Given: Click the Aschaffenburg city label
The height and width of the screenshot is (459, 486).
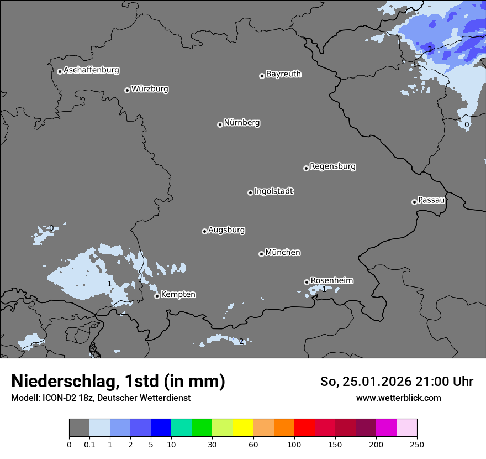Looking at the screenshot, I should (x=91, y=70).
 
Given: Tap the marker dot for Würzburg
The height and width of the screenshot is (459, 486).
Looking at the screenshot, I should (x=127, y=90).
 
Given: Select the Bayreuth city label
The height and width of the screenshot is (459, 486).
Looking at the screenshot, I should (x=283, y=74).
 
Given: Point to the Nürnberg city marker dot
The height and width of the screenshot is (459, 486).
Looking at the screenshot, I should (x=220, y=124).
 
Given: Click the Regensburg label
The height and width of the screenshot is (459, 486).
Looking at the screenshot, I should (x=332, y=166).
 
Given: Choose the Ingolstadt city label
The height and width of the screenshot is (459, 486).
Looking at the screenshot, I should (x=273, y=191).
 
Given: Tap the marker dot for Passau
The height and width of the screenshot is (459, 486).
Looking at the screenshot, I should (x=414, y=202).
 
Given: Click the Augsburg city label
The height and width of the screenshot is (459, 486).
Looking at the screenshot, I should (x=226, y=230).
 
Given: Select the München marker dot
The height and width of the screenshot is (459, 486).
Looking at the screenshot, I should (x=261, y=254).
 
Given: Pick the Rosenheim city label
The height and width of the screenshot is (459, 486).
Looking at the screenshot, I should (x=331, y=280).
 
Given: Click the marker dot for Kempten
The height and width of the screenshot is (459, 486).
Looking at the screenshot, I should (x=157, y=296).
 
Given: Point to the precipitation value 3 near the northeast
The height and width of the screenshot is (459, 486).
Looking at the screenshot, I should (x=430, y=50).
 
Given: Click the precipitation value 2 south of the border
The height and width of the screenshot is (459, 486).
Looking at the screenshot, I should (x=241, y=341).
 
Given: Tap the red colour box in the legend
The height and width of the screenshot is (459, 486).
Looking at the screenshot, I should (x=304, y=428).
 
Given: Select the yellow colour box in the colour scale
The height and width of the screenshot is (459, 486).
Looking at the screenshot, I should (x=242, y=428).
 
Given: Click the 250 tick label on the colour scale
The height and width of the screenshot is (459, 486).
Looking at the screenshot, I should (x=417, y=444).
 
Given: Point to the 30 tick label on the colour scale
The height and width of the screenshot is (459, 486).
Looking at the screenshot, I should (x=212, y=444).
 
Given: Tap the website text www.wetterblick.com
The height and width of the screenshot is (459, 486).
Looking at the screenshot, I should (x=398, y=398).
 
